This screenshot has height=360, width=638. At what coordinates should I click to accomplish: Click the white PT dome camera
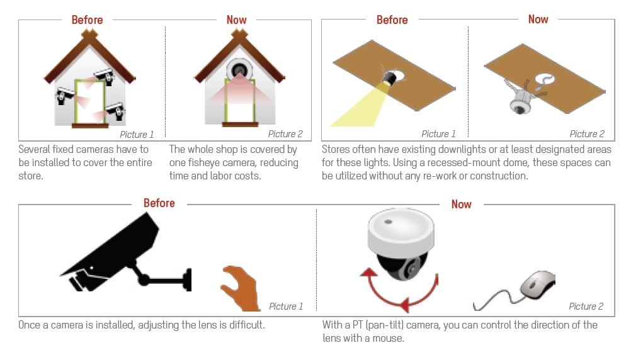point(401,244)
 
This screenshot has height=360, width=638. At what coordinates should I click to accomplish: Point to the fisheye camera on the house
point(239,70)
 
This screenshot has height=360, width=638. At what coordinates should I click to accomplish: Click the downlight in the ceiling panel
point(390,77)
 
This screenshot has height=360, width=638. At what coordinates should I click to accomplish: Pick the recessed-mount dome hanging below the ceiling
point(520,102)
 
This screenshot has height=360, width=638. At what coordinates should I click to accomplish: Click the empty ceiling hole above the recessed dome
point(545,79)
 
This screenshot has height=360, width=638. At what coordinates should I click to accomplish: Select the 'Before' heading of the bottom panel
point(159,203)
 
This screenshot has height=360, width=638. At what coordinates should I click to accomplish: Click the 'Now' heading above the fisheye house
point(236,20)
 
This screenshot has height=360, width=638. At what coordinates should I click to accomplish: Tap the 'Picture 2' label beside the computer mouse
point(586,307)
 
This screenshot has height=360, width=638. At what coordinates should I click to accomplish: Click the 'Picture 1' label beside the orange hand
point(286,307)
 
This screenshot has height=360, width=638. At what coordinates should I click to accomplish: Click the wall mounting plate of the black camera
point(188,279)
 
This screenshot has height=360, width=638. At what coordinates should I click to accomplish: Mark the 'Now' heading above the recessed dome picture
point(538,19)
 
